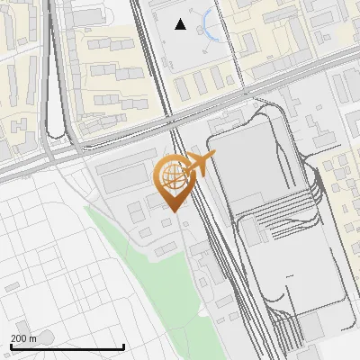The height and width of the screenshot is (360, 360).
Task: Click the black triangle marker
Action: click(x=181, y=24)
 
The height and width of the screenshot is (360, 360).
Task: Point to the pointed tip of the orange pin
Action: click(x=171, y=210)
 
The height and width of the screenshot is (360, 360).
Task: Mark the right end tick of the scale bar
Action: click(x=123, y=346)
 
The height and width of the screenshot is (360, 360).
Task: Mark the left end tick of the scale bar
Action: click(x=11, y=346)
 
